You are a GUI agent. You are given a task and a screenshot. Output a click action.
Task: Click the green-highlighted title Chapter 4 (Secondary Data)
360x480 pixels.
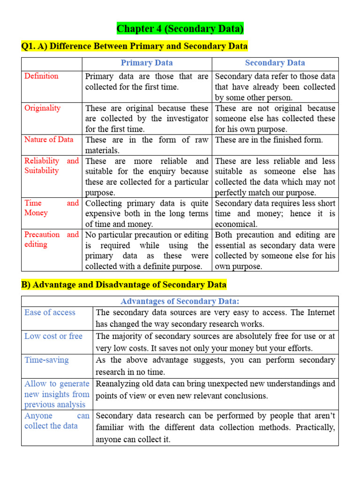click(180, 29)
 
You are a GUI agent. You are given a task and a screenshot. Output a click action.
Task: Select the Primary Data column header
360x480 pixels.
click(147, 63)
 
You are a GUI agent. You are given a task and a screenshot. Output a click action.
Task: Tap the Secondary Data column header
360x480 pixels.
click(275, 63)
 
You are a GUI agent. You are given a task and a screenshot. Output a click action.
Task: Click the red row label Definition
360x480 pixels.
click(41, 76)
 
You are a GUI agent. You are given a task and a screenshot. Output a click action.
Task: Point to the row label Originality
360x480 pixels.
click(42, 108)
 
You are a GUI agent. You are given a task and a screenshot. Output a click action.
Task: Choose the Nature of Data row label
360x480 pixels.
click(49, 139)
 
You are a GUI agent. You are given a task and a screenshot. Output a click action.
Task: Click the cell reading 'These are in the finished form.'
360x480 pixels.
click(269, 140)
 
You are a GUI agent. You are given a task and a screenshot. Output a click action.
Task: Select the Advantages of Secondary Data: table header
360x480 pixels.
click(180, 301)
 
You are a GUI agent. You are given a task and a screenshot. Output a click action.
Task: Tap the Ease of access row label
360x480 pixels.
click(50, 313)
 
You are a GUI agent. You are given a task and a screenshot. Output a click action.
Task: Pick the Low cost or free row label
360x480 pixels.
click(53, 336)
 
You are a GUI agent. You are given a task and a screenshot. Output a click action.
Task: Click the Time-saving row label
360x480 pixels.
click(46, 360)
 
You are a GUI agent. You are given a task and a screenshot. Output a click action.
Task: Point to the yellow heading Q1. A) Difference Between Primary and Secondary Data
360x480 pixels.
click(135, 46)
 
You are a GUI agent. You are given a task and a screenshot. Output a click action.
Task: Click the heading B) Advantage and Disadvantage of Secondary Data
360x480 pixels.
click(124, 285)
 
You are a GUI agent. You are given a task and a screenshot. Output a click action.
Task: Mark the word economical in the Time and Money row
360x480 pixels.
click(236, 224)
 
